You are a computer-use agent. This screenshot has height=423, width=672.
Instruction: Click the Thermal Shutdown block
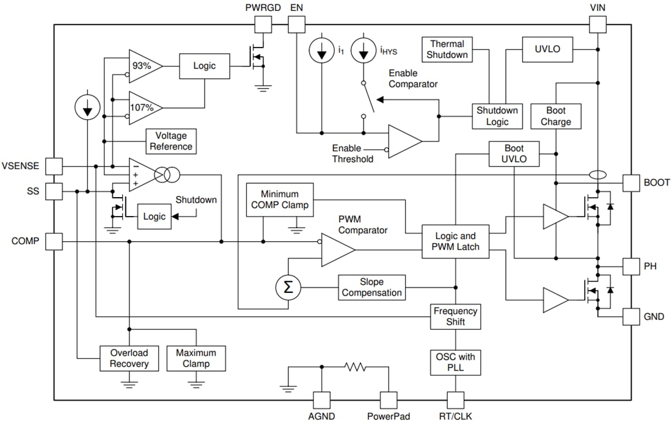447,49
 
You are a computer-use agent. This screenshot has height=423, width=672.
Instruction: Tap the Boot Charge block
556,116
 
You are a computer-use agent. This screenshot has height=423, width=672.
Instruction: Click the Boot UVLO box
514,154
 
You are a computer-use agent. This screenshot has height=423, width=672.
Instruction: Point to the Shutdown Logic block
497,116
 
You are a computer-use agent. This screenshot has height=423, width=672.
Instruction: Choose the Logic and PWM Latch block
455,242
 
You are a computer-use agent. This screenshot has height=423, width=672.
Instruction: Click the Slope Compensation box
371,287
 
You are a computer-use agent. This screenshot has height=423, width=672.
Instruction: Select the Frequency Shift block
455,317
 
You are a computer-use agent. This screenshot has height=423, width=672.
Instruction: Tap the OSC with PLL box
455,362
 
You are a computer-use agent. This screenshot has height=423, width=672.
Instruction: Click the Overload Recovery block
129,358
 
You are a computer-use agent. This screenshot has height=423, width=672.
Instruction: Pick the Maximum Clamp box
196,358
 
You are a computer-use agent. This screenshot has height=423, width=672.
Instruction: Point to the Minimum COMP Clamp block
279,200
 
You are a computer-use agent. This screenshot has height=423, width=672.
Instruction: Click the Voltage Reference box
170,141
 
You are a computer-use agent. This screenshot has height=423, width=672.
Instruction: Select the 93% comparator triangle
143,65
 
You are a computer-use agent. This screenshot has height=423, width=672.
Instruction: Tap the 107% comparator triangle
143,107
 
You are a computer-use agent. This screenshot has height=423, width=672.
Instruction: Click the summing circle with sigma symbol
288,287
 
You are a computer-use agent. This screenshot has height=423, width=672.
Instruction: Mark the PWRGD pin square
263,24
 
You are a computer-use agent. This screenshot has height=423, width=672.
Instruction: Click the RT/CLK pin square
456,400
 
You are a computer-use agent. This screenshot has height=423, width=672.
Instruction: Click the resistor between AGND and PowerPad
355,367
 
